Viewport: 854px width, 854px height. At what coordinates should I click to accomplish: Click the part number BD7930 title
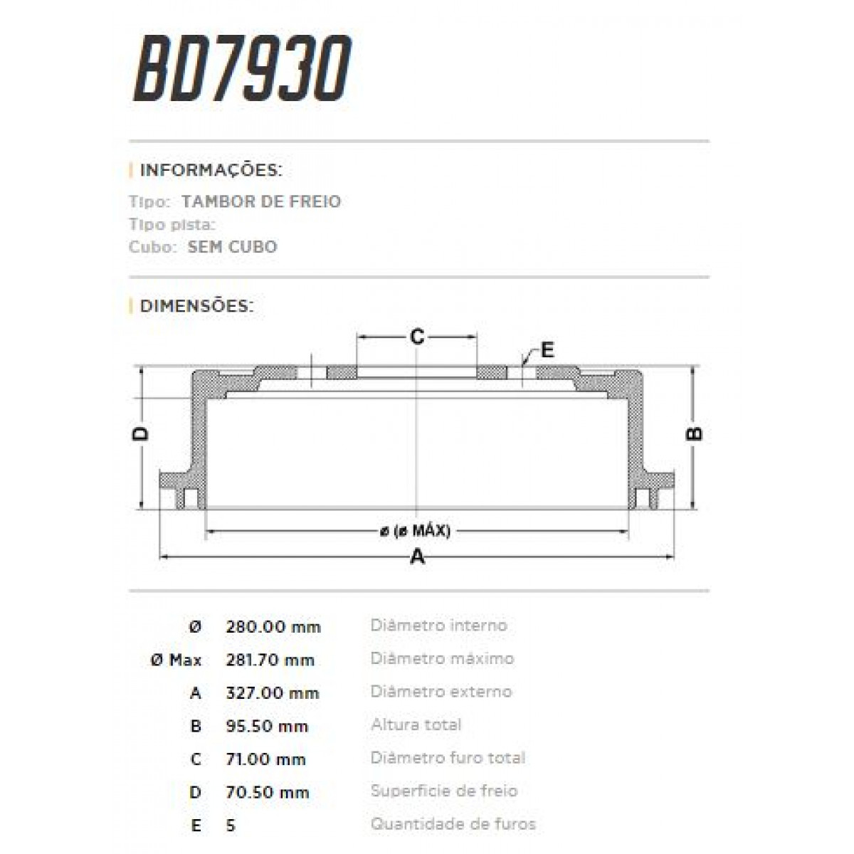(x=242, y=70)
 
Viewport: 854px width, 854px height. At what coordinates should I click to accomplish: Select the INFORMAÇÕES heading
(x=211, y=171)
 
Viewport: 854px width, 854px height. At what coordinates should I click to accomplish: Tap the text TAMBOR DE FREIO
(x=260, y=201)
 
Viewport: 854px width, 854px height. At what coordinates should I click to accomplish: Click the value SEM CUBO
(x=232, y=247)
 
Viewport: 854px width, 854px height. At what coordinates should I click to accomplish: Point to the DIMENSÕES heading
(x=196, y=307)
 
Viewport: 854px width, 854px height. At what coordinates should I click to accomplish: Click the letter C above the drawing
(x=417, y=337)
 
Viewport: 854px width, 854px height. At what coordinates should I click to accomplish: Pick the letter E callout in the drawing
(x=547, y=350)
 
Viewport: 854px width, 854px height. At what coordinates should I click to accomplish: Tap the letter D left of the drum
(x=142, y=434)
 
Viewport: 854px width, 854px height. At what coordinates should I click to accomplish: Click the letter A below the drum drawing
(x=417, y=557)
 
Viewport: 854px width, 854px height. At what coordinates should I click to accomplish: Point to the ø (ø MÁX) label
(x=415, y=531)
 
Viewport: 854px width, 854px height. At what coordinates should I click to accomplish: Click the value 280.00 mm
(x=273, y=627)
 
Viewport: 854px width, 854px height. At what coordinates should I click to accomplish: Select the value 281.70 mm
(x=270, y=660)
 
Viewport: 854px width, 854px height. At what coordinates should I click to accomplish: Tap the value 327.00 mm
(x=272, y=693)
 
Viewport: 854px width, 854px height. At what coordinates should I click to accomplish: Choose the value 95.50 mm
(x=267, y=727)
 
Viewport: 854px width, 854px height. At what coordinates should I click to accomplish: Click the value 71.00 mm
(x=265, y=759)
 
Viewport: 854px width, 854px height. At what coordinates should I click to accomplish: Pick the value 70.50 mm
(x=267, y=792)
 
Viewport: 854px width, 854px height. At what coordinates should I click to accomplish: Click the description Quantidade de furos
(x=453, y=824)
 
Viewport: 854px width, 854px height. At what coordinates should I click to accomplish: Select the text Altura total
(x=416, y=725)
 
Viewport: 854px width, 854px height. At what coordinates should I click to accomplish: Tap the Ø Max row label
(x=176, y=660)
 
